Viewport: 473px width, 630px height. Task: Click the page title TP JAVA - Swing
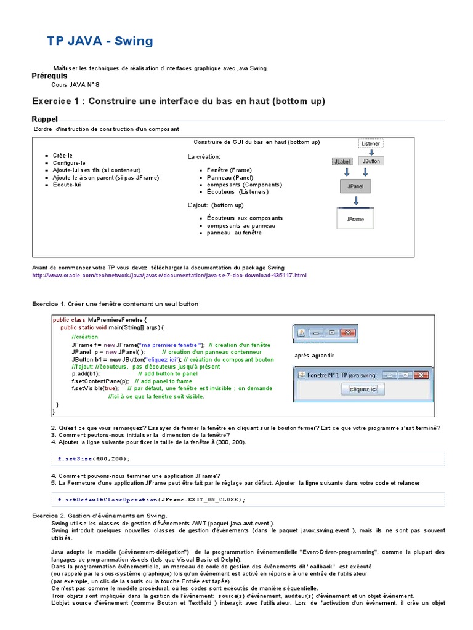click(x=100, y=41)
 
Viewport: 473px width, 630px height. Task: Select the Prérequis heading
click(x=49, y=76)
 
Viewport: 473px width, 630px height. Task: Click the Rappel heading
click(x=44, y=119)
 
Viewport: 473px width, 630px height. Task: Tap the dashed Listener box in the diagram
click(x=370, y=143)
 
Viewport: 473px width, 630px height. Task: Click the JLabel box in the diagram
click(x=342, y=161)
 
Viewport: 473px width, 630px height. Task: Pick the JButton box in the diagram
click(x=371, y=161)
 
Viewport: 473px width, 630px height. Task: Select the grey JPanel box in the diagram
click(x=355, y=185)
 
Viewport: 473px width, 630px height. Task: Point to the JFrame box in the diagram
click(x=355, y=218)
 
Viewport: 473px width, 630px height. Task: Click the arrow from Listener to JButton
click(x=371, y=152)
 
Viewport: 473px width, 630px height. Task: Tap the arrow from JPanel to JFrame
click(x=355, y=201)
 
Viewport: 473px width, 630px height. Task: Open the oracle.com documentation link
click(x=169, y=275)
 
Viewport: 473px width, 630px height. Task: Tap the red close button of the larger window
click(x=421, y=375)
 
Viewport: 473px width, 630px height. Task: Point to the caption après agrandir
click(x=314, y=356)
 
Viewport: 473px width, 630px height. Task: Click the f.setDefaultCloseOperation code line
click(x=152, y=500)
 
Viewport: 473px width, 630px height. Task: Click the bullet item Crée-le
click(x=63, y=156)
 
